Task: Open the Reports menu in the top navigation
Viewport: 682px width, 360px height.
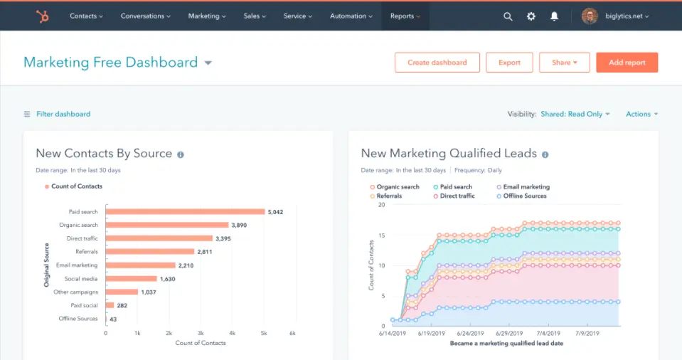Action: tap(405, 16)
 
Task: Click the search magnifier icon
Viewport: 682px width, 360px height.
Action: tap(508, 16)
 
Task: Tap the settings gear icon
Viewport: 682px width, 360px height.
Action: tap(531, 16)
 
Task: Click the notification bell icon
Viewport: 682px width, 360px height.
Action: tap(554, 16)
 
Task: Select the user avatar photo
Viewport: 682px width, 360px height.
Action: tap(590, 16)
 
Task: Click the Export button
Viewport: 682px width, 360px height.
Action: tap(509, 63)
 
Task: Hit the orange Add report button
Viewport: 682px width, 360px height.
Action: tap(627, 63)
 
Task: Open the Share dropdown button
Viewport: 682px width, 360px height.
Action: tap(564, 63)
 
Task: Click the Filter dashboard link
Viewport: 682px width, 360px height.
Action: tap(63, 114)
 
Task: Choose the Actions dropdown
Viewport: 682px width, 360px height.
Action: tap(641, 114)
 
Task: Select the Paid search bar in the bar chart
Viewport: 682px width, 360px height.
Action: tap(185, 211)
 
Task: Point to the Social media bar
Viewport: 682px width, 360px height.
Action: tap(131, 279)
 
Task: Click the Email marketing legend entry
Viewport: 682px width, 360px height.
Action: tap(526, 187)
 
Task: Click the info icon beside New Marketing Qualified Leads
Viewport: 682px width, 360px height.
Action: tap(545, 154)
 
